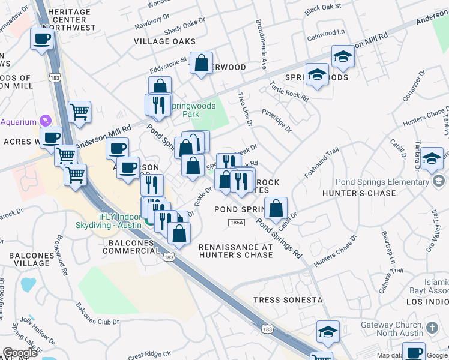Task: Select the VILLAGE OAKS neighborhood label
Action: (164, 41)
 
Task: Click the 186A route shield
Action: (237, 223)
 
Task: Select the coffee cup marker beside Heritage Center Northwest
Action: (41, 40)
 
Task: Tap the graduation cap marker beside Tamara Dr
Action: (432, 159)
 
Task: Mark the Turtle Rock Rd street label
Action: (289, 91)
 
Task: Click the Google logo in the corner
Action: (20, 352)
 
